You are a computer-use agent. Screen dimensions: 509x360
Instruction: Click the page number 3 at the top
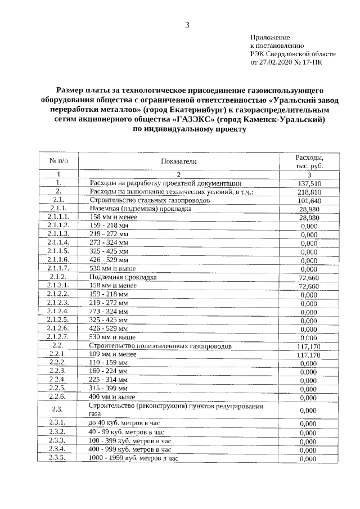187,24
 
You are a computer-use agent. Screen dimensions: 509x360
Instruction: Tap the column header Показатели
178,161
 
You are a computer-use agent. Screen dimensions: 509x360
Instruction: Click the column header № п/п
58,161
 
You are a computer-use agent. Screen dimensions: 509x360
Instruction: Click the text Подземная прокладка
123,277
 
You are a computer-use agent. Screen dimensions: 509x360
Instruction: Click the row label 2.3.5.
58,458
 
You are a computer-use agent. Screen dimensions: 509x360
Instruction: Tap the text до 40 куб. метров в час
126,424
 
